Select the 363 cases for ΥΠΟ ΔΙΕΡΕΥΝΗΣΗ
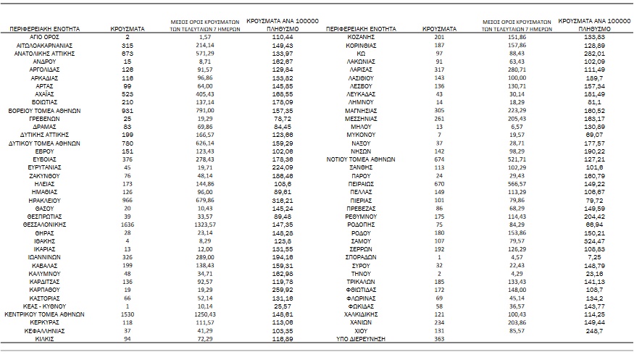click(x=438, y=338)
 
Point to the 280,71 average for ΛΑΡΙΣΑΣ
click(x=517, y=70)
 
